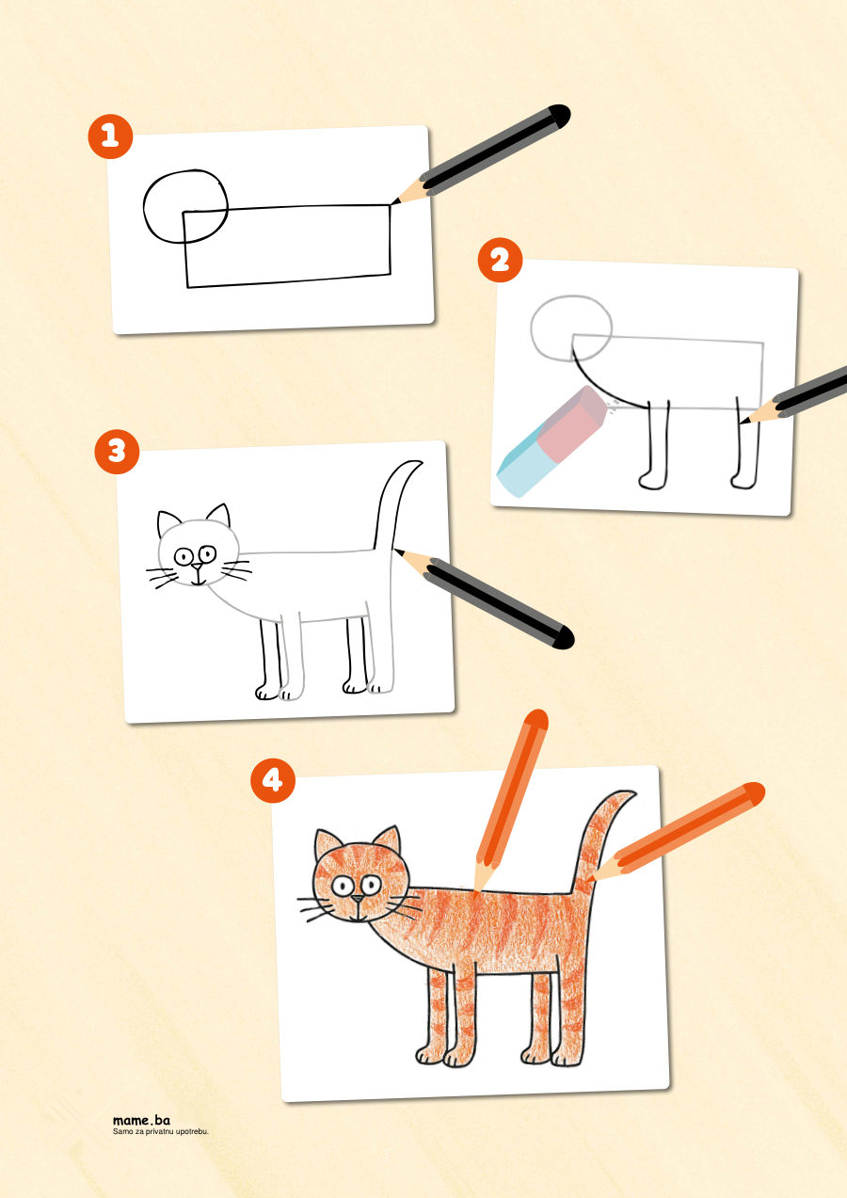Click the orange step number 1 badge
[110, 136]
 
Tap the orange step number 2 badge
[500, 261]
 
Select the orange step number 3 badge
[117, 452]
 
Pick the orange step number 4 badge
[273, 780]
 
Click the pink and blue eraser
[551, 441]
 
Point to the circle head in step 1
[185, 206]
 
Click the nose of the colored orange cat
[358, 899]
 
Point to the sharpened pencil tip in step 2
[743, 423]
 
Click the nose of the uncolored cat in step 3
[198, 566]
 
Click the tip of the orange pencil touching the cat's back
[475, 891]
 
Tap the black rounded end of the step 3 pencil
[563, 638]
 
